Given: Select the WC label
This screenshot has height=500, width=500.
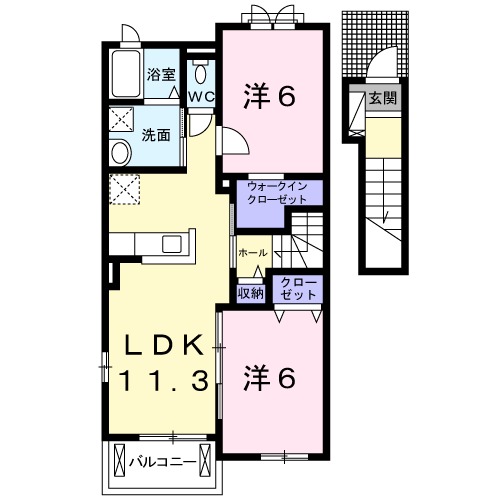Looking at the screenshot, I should coord(201,97).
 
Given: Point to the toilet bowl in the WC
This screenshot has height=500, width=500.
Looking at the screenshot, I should coord(200,74).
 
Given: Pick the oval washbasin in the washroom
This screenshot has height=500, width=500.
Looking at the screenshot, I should coord(121,153).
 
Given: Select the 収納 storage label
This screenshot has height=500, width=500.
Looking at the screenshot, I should coord(250,293).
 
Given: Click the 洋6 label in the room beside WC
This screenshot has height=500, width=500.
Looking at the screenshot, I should coord(270,97).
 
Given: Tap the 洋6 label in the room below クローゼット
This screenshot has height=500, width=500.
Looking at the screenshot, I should coord(270,377).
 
